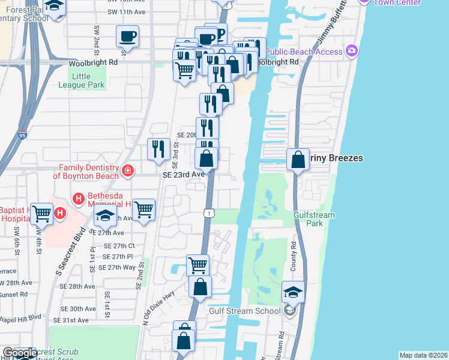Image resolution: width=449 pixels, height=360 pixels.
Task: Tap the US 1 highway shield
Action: tap(208, 213)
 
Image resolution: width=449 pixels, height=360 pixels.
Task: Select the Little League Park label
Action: tap(88, 80)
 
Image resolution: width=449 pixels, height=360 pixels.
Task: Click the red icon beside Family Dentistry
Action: tap(127, 172)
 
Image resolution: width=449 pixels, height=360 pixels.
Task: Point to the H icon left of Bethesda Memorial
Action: tap(77, 199)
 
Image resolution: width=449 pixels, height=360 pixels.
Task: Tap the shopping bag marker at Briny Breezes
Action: tap(298, 160)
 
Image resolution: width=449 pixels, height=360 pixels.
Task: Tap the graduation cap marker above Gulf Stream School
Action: tap(293, 292)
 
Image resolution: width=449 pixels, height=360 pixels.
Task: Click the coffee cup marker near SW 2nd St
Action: tap(127, 36)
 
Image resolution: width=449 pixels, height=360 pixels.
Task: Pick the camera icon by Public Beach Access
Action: tap(351, 52)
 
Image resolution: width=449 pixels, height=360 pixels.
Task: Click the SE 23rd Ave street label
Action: tap(184, 174)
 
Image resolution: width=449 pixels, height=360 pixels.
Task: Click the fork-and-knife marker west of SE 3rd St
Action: tap(158, 149)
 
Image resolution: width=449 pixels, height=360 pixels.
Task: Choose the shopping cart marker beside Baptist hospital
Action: tap(41, 214)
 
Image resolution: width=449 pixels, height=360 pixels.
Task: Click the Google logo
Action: tap(20, 353)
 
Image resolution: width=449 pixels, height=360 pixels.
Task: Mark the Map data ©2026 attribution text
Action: tap(423, 355)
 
